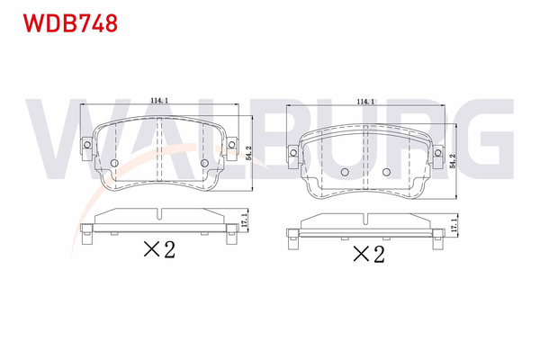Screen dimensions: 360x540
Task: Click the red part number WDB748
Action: click(63, 23)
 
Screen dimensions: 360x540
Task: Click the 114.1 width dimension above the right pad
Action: click(366, 102)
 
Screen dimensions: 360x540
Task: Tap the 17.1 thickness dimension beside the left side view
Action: click(244, 219)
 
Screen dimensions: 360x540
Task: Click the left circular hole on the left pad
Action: click(114, 163)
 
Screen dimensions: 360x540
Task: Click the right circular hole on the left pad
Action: click(203, 163)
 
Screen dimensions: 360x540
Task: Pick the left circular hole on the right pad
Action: click(344, 172)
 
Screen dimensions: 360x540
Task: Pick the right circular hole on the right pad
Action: click(386, 172)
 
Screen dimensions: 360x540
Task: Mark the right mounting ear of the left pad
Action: click(234, 145)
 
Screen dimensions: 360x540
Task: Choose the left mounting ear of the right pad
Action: click(294, 155)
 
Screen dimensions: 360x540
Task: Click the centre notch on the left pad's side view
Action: click(159, 213)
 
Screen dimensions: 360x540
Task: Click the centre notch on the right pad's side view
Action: click(364, 218)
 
